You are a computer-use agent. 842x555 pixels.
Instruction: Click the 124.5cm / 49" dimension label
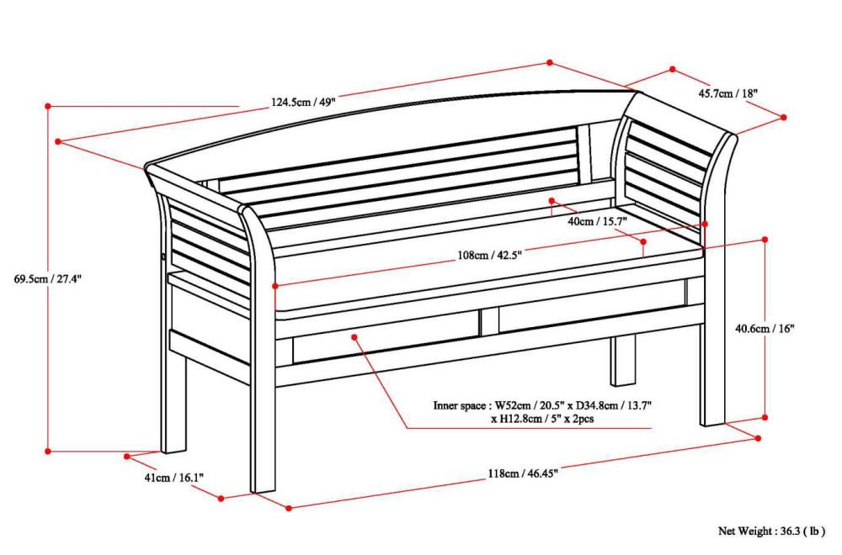click(x=303, y=103)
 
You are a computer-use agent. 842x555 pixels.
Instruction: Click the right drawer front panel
click(x=589, y=316)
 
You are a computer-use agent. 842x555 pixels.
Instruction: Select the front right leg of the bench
click(x=712, y=378)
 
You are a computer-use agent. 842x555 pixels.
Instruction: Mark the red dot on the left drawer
click(x=355, y=337)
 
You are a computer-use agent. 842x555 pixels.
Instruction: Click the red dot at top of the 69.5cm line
click(x=48, y=107)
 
